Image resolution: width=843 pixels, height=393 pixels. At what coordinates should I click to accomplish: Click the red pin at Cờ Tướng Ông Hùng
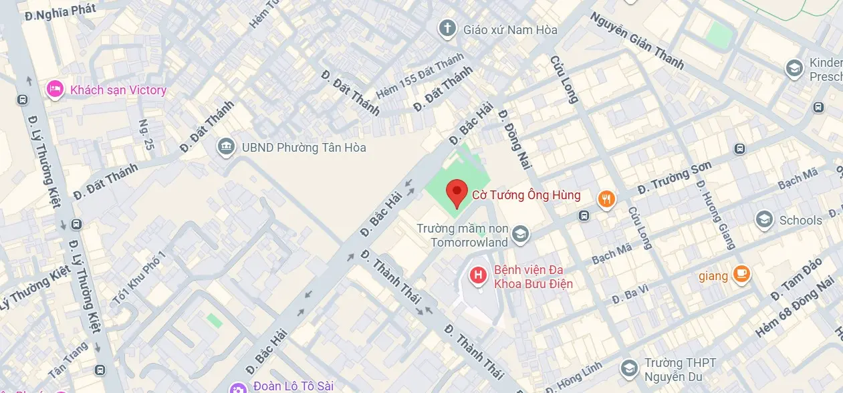(x=457, y=193)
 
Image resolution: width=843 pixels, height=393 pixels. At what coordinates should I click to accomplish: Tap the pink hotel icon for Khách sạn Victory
(x=55, y=89)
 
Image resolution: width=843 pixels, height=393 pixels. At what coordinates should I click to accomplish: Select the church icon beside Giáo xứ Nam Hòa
(x=447, y=29)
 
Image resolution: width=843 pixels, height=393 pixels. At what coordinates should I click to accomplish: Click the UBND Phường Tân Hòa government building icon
(x=226, y=147)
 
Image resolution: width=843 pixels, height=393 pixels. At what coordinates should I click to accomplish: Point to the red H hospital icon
(x=477, y=275)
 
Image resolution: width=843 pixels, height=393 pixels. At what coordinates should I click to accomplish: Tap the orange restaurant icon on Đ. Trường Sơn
(x=606, y=199)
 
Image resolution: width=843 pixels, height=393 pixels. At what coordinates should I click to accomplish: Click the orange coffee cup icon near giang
(x=741, y=274)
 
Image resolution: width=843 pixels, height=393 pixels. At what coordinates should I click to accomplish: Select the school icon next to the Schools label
(x=764, y=219)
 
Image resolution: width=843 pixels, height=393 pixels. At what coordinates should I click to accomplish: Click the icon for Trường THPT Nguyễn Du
(x=628, y=368)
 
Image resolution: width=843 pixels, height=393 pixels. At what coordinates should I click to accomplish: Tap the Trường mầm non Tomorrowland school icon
(x=520, y=235)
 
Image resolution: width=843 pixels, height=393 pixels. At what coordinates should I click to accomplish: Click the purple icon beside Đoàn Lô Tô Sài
(x=237, y=387)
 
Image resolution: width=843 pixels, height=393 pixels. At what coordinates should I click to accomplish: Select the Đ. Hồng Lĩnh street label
(x=574, y=378)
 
